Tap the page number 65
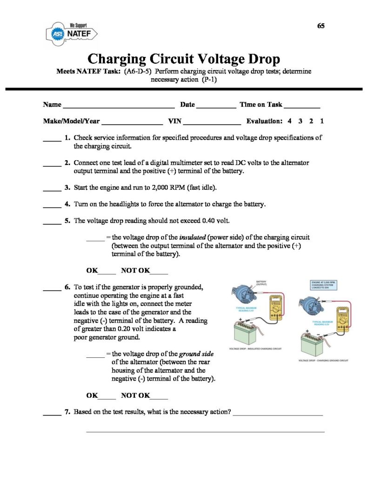321,26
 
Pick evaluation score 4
289,121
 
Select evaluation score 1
322,121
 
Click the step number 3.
67,188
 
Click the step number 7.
67,413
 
